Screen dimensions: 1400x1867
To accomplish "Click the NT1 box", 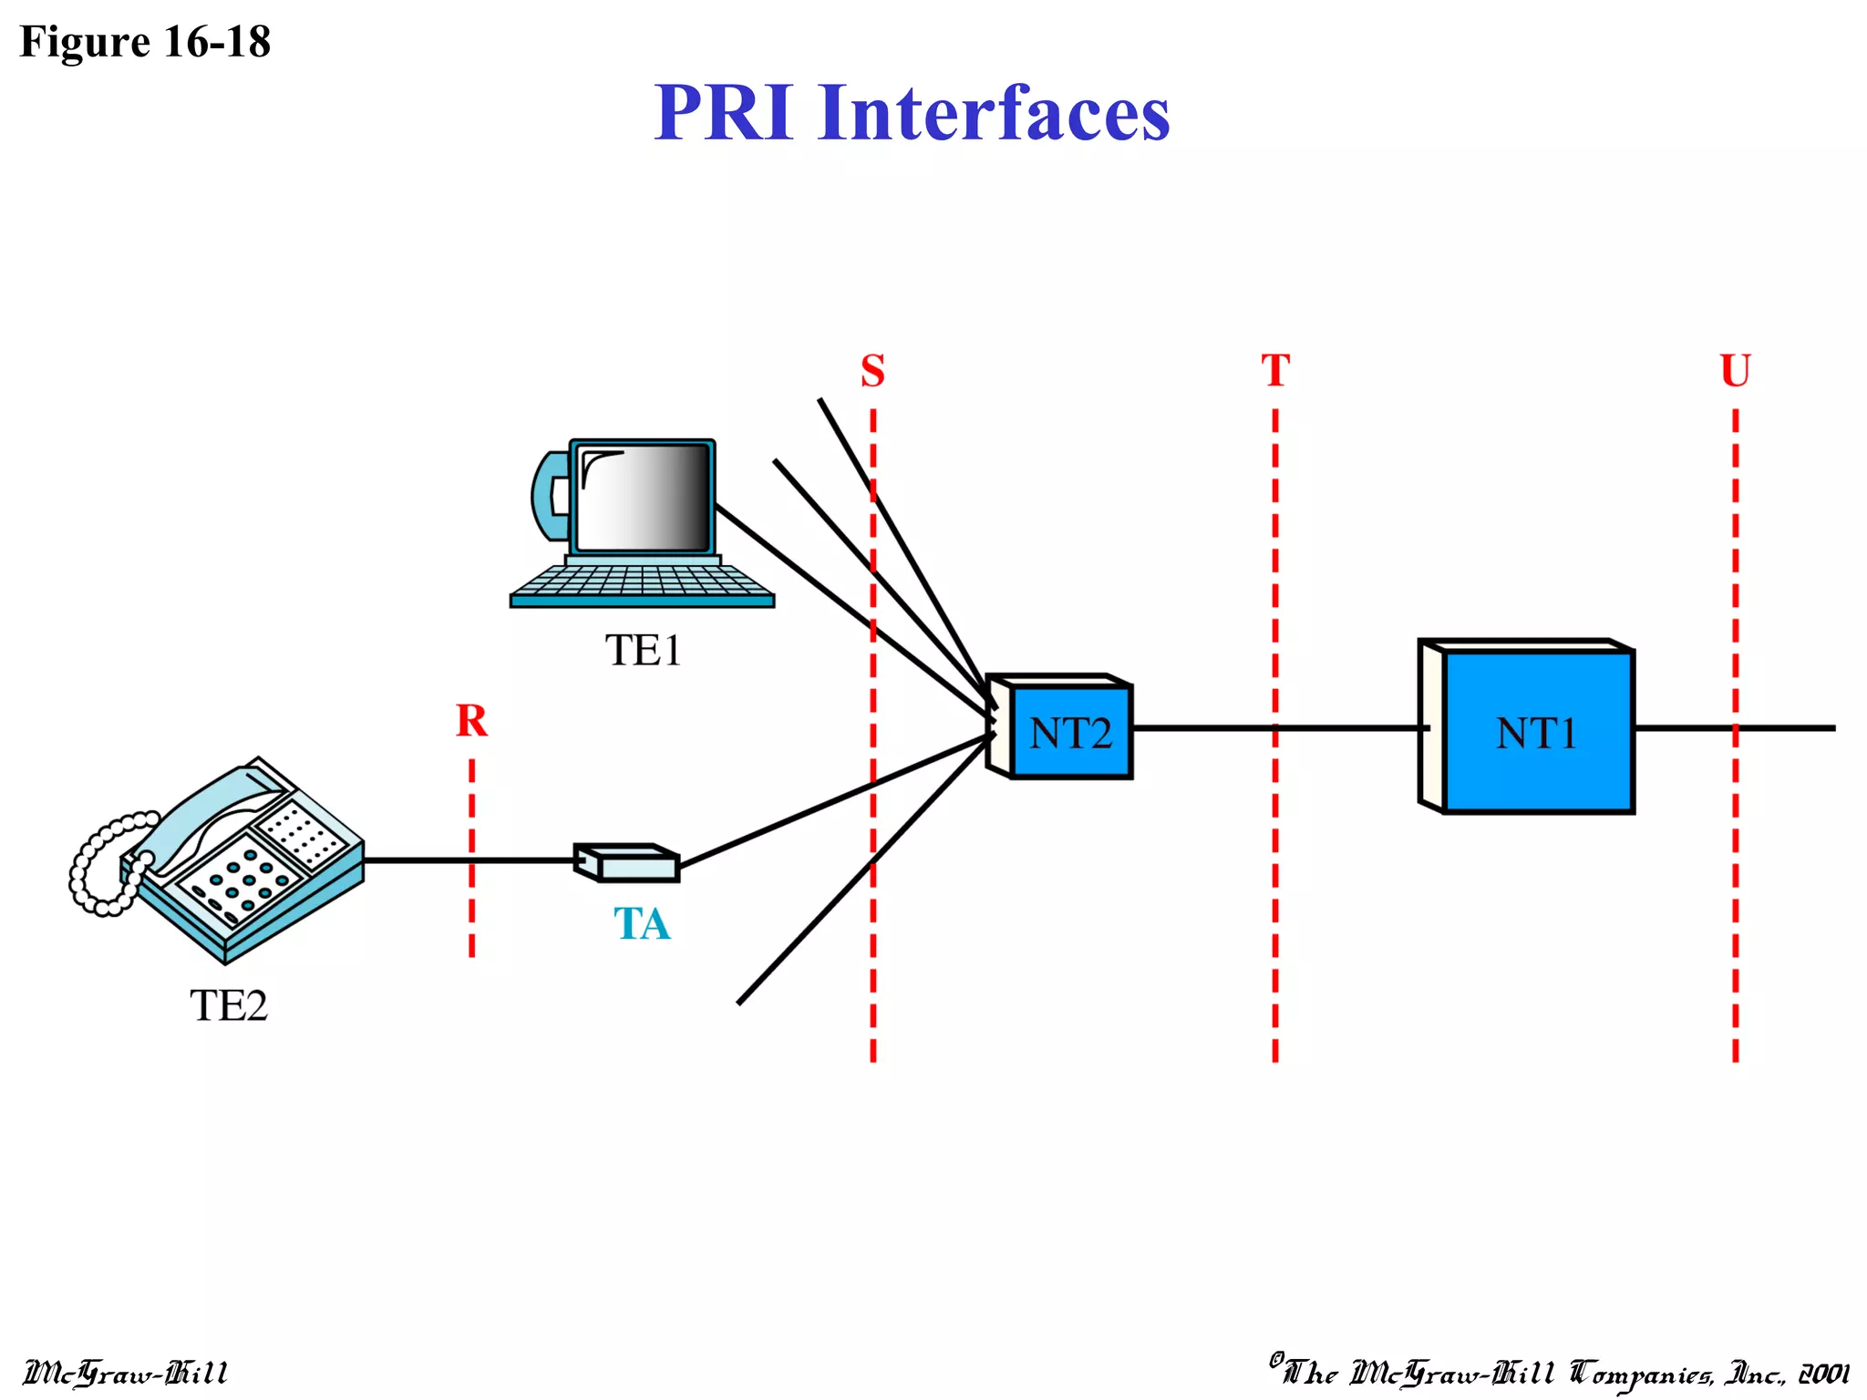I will tap(1537, 732).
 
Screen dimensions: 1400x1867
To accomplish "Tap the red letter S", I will tap(872, 371).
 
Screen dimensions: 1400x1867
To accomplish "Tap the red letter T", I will tap(1275, 371).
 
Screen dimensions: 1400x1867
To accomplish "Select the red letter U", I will tap(1735, 371).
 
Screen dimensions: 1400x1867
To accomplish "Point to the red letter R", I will tap(471, 721).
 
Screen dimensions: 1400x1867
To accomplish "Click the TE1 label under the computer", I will tap(643, 651).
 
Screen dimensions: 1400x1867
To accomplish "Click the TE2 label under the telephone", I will tap(229, 1005).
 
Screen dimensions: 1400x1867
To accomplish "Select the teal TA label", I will tap(642, 924).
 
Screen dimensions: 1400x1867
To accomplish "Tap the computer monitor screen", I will tap(644, 498).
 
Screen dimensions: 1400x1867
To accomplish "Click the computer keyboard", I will tap(642, 582).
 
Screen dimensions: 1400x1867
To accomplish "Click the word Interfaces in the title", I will tap(994, 113).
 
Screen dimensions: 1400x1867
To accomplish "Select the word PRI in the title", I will tap(723, 113).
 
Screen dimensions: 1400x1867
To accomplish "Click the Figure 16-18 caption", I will tap(145, 42).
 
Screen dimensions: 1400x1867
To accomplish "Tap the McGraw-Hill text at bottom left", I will tap(125, 1373).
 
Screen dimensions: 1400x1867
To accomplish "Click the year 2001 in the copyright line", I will tap(1822, 1373).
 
